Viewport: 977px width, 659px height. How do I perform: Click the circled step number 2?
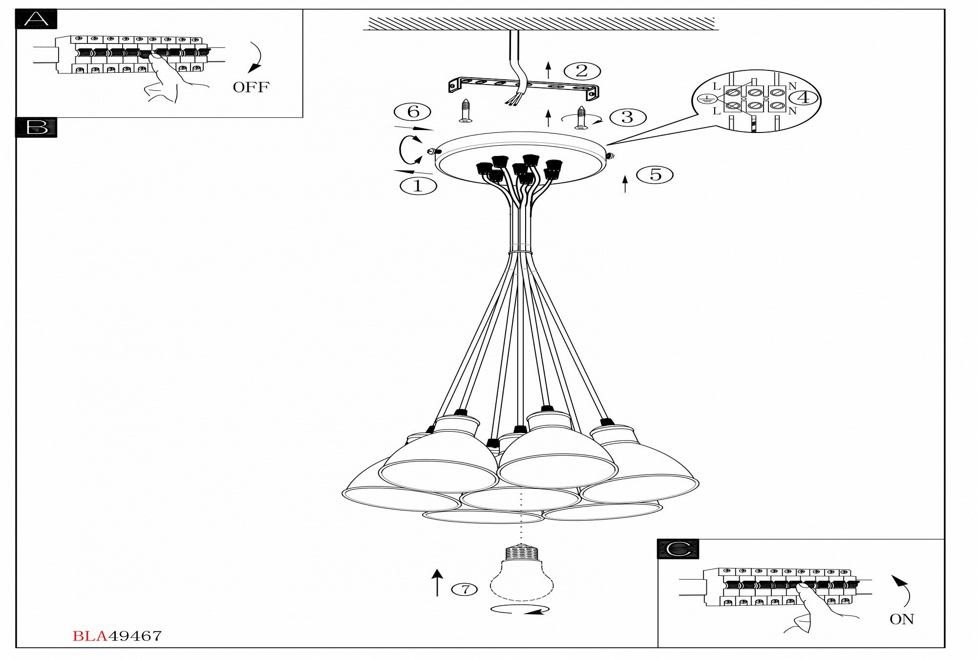click(582, 71)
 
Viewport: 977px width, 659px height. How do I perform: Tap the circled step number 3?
click(628, 117)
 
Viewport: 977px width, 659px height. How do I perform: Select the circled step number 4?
click(804, 97)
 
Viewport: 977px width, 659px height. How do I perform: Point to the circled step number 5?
click(655, 175)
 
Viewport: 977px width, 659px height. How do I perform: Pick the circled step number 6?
click(413, 112)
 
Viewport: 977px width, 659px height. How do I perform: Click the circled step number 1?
click(418, 186)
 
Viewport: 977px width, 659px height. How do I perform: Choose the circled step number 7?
click(465, 590)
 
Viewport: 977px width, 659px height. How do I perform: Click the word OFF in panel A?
click(251, 88)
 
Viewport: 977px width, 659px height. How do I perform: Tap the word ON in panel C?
click(901, 619)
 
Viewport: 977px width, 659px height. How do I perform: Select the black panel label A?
click(36, 20)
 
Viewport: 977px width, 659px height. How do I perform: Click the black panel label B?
click(36, 128)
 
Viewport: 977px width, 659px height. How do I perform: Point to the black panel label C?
click(678, 549)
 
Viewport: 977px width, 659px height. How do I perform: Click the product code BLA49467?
click(117, 636)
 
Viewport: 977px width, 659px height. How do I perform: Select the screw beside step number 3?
click(581, 117)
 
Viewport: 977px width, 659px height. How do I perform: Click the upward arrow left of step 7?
click(437, 582)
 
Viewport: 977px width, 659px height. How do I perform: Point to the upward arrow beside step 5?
click(625, 184)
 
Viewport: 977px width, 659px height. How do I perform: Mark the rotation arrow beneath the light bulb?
click(520, 610)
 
